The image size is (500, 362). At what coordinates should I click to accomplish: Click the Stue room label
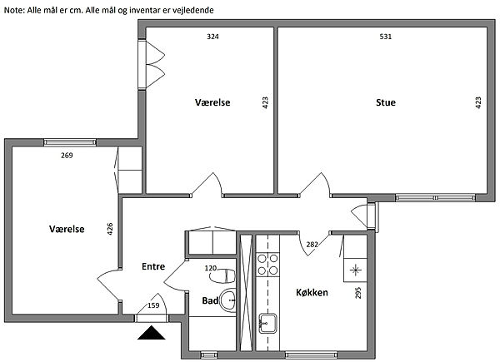pyautogui.click(x=386, y=102)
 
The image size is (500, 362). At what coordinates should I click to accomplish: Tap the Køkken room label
pyautogui.click(x=312, y=292)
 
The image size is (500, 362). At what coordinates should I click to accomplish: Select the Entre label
pyautogui.click(x=153, y=266)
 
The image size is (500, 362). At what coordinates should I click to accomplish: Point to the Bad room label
pyautogui.click(x=210, y=300)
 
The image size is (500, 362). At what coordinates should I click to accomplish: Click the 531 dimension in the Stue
pyautogui.click(x=386, y=37)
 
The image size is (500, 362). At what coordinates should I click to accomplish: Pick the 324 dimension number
pyautogui.click(x=212, y=37)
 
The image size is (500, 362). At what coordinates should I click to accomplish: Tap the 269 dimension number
pyautogui.click(x=67, y=156)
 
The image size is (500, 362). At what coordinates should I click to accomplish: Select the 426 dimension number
pyautogui.click(x=110, y=229)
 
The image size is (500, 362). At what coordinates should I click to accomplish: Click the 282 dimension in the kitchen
pyautogui.click(x=312, y=245)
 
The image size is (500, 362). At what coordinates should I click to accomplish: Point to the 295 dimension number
pyautogui.click(x=358, y=293)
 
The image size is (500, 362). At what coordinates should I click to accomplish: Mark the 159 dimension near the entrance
pyautogui.click(x=153, y=305)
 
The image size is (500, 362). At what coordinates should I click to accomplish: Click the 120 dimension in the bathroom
pyautogui.click(x=211, y=269)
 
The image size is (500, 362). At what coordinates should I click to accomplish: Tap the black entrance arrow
pyautogui.click(x=152, y=334)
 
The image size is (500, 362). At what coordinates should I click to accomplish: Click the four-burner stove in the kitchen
pyautogui.click(x=267, y=265)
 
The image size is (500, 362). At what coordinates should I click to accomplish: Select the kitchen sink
pyautogui.click(x=267, y=323)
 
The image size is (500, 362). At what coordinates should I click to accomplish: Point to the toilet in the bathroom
pyautogui.click(x=222, y=276)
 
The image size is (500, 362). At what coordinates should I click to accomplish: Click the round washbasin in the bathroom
pyautogui.click(x=228, y=300)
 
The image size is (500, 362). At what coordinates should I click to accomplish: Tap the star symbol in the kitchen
pyautogui.click(x=355, y=270)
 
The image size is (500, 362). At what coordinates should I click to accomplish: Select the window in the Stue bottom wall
pyautogui.click(x=436, y=198)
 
